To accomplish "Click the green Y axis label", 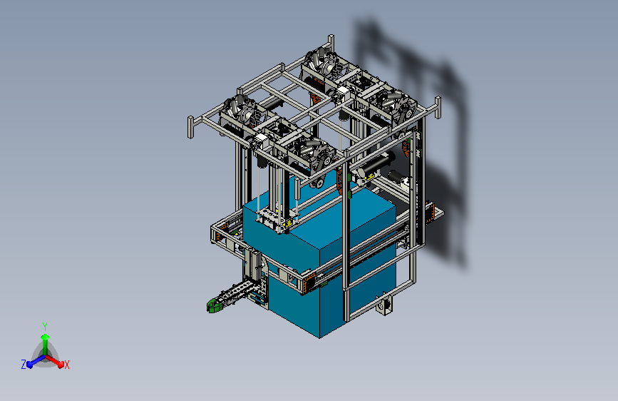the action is pos(45,327).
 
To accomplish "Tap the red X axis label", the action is pos(66,365).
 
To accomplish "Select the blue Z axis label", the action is pos(24,365).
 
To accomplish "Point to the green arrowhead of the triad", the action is pos(46,337).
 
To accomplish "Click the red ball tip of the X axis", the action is pos(61,365).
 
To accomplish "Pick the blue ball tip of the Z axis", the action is pos(29,365).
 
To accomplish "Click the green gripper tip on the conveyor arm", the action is pos(213,305).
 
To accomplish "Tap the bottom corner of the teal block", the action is pos(319,338).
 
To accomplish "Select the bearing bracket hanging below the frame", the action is pos(384,305).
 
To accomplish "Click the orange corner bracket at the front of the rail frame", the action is pos(308,283).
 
